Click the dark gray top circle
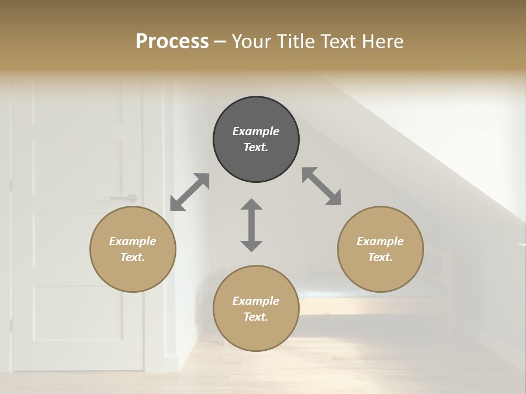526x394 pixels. (256, 140)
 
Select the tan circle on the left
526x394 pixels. (133, 249)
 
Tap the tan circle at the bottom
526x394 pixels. (256, 309)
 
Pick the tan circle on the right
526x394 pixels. (380, 249)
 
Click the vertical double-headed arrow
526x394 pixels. (251, 225)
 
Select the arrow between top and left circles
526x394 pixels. (190, 192)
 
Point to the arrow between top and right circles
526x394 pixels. (322, 187)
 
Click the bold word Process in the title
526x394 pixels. (172, 41)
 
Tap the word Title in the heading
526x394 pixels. (296, 41)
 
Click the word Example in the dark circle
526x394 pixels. (256, 131)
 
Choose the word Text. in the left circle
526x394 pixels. (133, 257)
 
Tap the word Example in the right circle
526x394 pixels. (380, 241)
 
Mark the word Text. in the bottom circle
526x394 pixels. (256, 317)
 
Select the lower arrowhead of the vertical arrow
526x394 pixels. (251, 246)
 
